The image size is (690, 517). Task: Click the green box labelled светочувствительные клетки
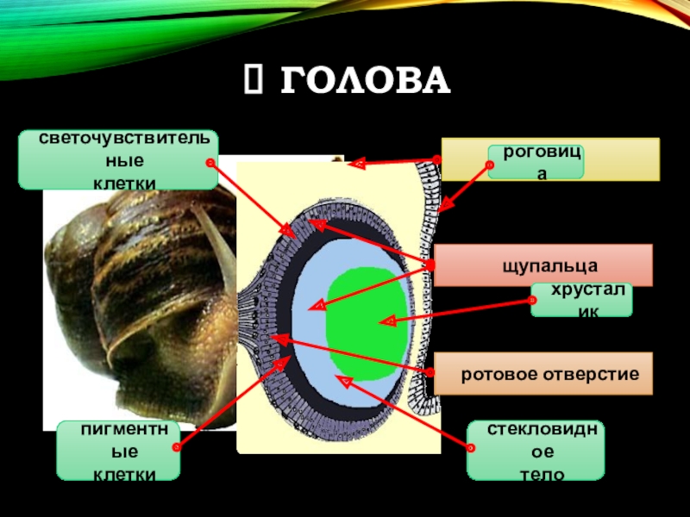pyautogui.click(x=118, y=160)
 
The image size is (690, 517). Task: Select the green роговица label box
pyautogui.click(x=536, y=162)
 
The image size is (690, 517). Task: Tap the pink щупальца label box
pyautogui.click(x=543, y=265)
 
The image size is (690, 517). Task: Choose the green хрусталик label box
pyautogui.click(x=580, y=299)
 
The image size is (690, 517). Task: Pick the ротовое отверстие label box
pyautogui.click(x=543, y=374)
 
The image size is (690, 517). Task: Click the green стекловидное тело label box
pyautogui.click(x=536, y=450)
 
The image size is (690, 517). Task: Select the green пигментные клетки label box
pyautogui.click(x=118, y=451)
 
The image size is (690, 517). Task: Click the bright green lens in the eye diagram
pyautogui.click(x=366, y=321)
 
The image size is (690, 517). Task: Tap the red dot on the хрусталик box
pyautogui.click(x=532, y=300)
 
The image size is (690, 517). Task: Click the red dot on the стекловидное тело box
pyautogui.click(x=471, y=447)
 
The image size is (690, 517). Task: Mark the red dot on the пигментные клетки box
pyautogui.click(x=177, y=447)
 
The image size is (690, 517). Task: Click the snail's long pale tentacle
pyautogui.click(x=220, y=237)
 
